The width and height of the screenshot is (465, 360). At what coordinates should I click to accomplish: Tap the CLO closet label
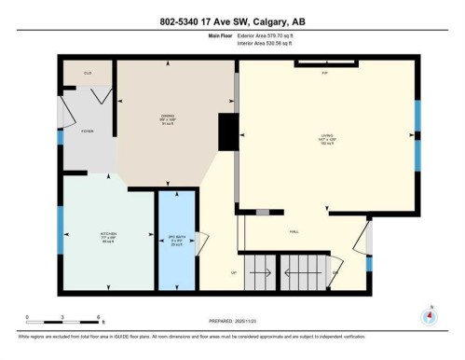[88, 73]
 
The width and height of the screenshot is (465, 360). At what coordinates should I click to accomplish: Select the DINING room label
[168, 118]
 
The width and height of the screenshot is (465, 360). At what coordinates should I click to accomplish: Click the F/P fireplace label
[325, 72]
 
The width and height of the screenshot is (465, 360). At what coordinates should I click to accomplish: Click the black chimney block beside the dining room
[226, 132]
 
